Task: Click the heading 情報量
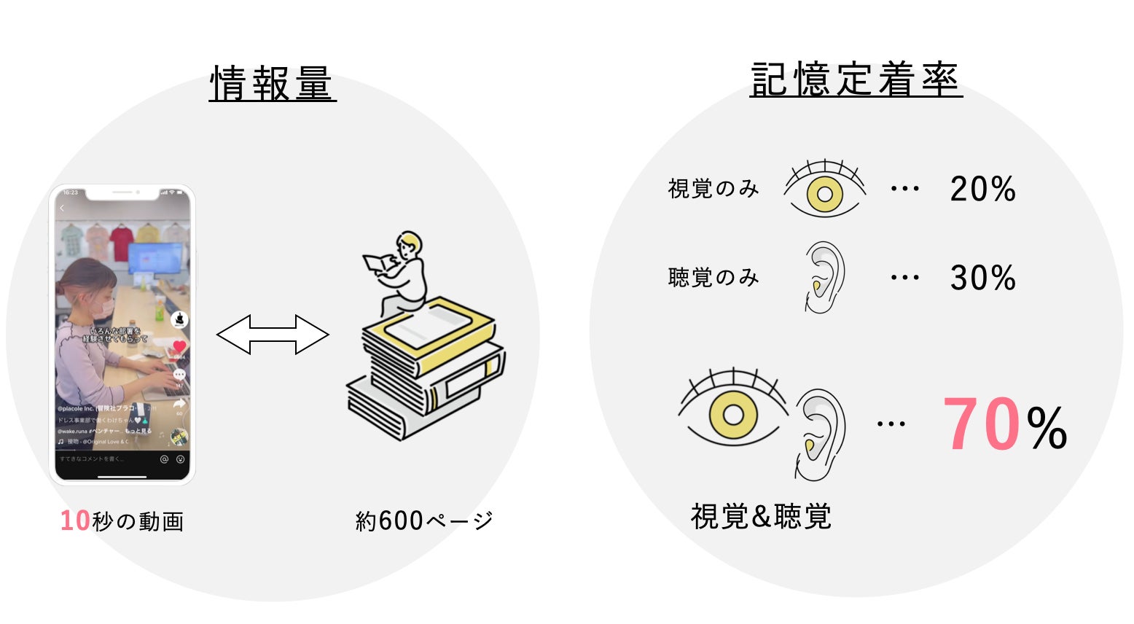point(272,84)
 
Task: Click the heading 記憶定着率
point(856,79)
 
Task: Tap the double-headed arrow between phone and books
point(273,335)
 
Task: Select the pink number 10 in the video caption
point(75,520)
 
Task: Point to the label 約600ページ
point(424,520)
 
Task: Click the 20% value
point(982,189)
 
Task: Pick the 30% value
point(982,278)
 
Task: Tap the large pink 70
point(981,425)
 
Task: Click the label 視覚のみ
point(713,189)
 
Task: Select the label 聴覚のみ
point(713,278)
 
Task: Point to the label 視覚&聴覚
point(761,517)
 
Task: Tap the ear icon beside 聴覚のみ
point(824,278)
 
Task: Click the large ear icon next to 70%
point(820,434)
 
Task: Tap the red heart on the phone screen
point(179,347)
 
